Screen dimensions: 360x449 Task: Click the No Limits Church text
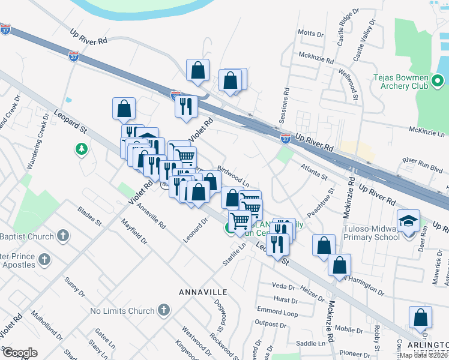coord(122,311)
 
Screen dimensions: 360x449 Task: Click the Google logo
coord(20,352)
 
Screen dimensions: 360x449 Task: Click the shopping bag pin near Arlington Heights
coord(420,317)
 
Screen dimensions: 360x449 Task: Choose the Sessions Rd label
coord(286,103)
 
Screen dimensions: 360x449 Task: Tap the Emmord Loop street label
coord(277,313)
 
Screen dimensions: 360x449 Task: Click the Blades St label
coord(89,217)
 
